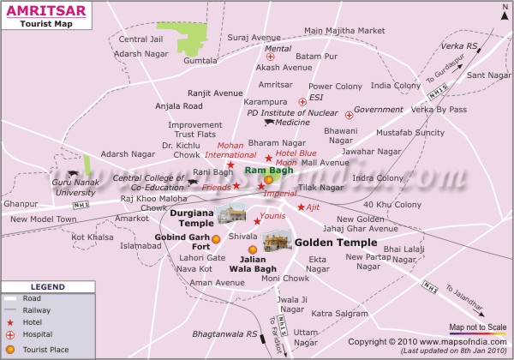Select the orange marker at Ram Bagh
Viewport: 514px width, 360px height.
268,180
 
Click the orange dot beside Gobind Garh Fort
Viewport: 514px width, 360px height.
216,239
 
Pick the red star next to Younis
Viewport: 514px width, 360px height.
257,221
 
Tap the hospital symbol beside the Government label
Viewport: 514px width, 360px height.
349,114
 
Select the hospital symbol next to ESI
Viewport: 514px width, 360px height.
302,102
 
